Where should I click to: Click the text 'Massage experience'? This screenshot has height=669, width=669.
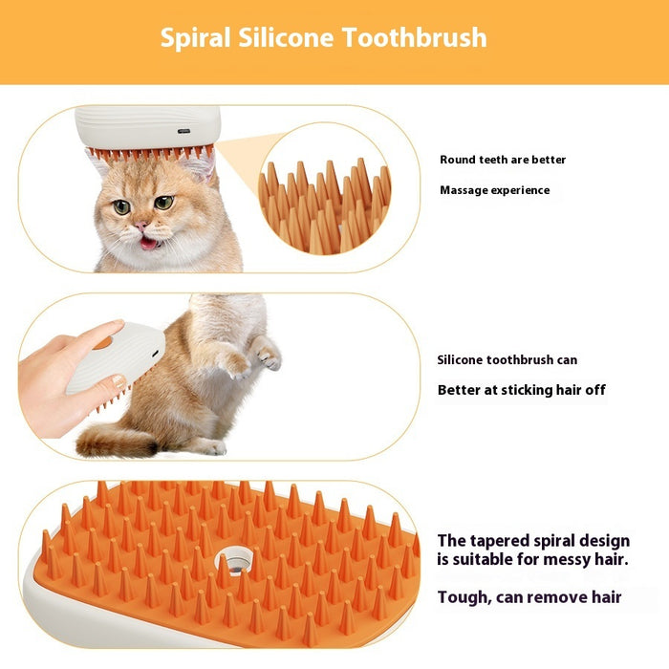[494, 190]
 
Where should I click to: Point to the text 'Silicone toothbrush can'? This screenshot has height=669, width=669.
[507, 360]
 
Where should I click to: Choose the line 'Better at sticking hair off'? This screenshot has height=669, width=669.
[521, 390]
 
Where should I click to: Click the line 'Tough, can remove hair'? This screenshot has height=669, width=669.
[529, 597]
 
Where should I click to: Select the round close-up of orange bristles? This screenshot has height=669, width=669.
[324, 201]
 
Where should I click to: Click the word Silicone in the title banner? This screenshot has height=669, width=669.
[283, 38]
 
